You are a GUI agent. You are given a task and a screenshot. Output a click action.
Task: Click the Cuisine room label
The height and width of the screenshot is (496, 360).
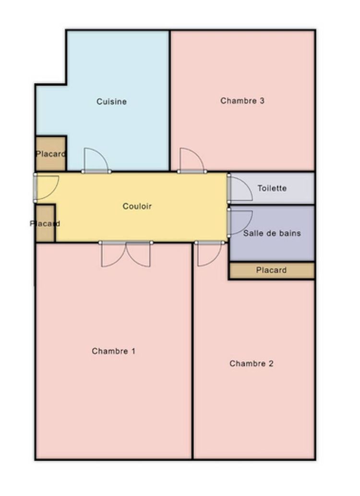pyautogui.click(x=111, y=102)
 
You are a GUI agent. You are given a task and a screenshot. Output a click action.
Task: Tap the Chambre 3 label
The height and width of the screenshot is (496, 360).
pyautogui.click(x=242, y=101)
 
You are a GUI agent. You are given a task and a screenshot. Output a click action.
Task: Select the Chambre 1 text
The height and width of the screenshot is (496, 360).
pyautogui.click(x=113, y=351)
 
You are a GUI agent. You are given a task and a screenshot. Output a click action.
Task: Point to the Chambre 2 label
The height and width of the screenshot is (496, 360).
pyautogui.click(x=251, y=364)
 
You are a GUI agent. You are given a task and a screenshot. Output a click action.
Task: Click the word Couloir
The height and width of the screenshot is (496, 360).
pyautogui.click(x=137, y=206)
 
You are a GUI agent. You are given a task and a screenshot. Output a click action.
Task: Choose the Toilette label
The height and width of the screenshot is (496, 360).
pyautogui.click(x=272, y=188)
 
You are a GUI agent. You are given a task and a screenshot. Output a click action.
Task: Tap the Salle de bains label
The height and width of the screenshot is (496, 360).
pyautogui.click(x=272, y=233)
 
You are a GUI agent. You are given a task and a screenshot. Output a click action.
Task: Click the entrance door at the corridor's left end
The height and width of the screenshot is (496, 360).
pyautogui.click(x=46, y=187)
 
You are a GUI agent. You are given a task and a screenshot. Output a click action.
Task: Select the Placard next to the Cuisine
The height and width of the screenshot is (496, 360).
pyautogui.click(x=50, y=154)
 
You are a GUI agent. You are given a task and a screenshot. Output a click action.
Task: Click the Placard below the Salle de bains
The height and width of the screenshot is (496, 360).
pyautogui.click(x=271, y=271)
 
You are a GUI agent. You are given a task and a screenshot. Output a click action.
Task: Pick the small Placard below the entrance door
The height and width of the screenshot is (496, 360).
pyautogui.click(x=46, y=224)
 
